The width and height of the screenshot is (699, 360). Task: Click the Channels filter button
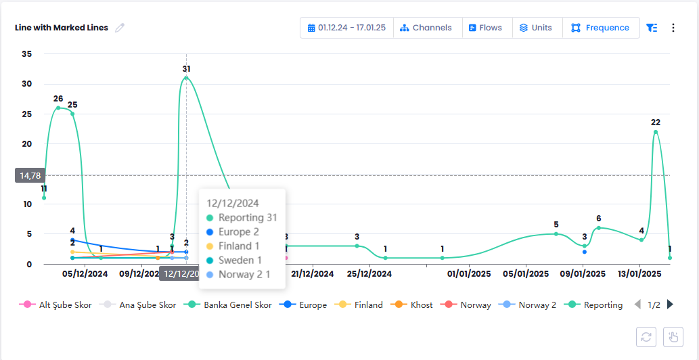[x=426, y=28]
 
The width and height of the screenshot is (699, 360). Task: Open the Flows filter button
[x=486, y=28]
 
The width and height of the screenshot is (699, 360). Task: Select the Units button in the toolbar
[x=536, y=28]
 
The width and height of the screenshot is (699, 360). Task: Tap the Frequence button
[x=600, y=28]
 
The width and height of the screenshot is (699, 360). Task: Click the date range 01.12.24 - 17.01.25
[x=346, y=28]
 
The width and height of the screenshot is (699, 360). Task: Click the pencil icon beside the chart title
[x=120, y=28]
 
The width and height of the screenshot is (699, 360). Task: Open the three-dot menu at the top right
[x=673, y=28]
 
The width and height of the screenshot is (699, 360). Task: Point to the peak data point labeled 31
[x=186, y=78]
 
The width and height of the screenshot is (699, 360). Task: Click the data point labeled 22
[x=655, y=131]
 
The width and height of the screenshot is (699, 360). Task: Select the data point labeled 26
[x=58, y=108]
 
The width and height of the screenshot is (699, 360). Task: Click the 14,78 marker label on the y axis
[x=30, y=175]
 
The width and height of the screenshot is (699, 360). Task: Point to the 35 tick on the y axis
[x=27, y=53]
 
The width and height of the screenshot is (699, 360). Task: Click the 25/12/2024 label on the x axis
[x=369, y=274]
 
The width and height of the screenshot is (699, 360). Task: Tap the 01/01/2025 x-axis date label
[x=468, y=274]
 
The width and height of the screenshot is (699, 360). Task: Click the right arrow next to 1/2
[x=671, y=305]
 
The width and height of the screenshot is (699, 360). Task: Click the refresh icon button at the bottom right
[x=646, y=336]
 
